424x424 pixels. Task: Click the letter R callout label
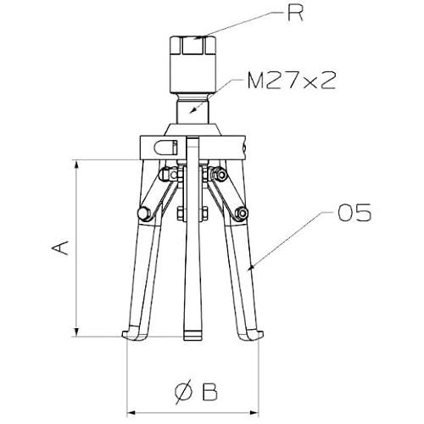click(295, 13)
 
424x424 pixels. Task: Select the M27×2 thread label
click(292, 81)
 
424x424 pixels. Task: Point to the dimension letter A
click(60, 248)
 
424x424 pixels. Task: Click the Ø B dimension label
click(196, 392)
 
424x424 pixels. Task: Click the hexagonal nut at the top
click(193, 45)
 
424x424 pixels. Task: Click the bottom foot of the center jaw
click(192, 335)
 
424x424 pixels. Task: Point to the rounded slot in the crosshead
click(165, 148)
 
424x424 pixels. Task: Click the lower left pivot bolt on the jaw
click(144, 214)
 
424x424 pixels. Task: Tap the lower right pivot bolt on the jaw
click(242, 213)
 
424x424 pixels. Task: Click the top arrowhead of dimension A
click(76, 165)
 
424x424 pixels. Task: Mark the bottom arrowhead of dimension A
click(76, 332)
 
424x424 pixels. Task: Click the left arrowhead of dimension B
click(131, 413)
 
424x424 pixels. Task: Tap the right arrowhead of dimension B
click(254, 413)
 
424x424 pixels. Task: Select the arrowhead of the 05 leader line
click(252, 266)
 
